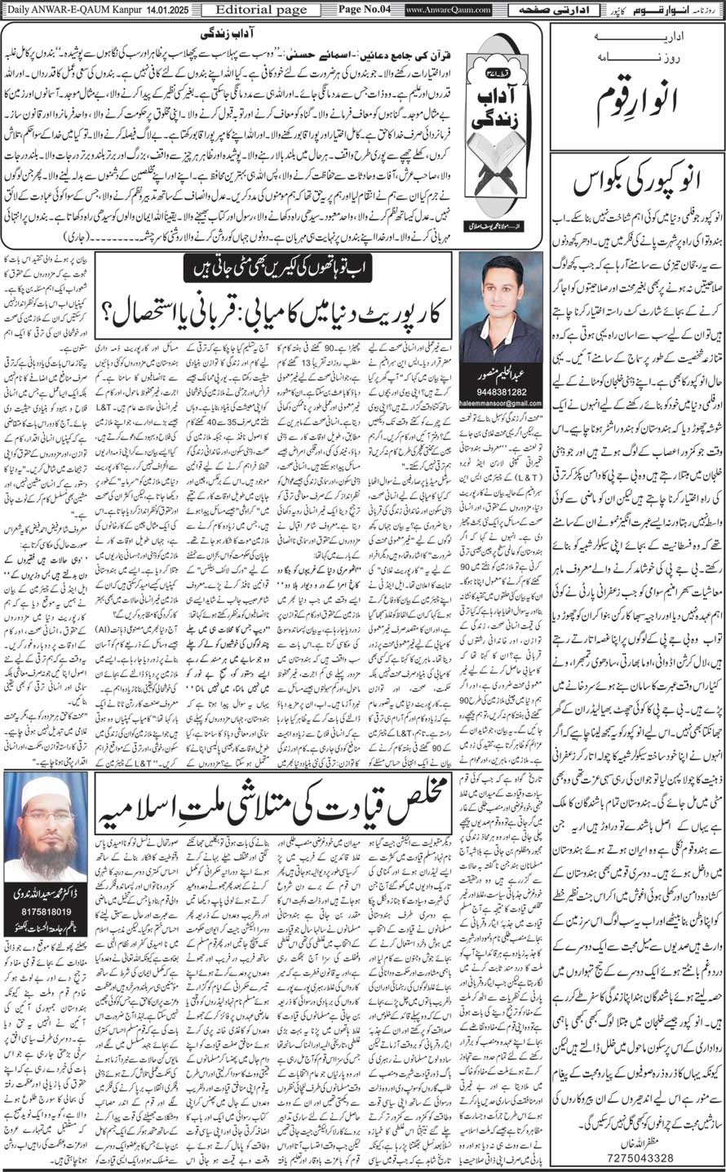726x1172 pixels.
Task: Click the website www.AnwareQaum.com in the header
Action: click(448, 9)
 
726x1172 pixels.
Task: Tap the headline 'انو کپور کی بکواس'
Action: click(637, 184)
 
